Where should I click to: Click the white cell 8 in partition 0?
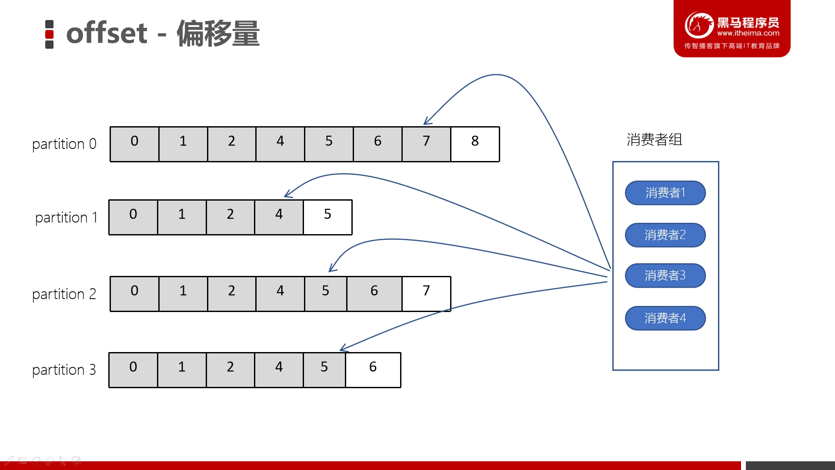(475, 144)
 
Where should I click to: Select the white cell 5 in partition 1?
(327, 217)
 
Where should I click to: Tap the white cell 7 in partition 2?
(426, 294)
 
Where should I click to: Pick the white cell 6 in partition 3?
(373, 370)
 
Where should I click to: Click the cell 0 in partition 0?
(134, 144)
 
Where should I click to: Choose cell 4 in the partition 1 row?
(279, 217)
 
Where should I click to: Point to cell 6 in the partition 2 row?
(374, 294)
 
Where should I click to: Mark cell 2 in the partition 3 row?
(230, 370)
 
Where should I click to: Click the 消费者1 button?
(665, 193)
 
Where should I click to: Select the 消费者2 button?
(665, 235)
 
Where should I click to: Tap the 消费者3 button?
(665, 275)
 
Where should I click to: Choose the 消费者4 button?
(665, 318)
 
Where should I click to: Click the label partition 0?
(64, 144)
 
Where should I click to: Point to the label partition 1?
(66, 218)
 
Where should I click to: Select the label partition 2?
(64, 295)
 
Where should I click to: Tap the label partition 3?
(64, 370)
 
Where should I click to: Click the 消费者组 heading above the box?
(654, 140)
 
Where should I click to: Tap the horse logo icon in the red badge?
(699, 25)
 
